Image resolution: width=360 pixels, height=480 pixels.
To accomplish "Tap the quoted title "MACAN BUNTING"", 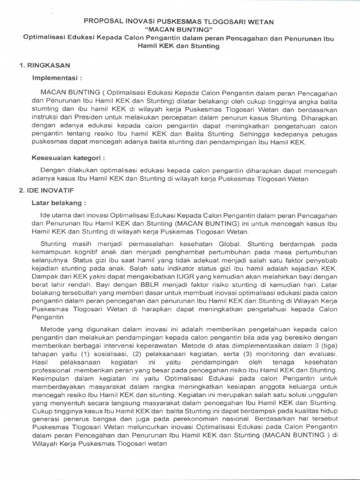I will [180, 30].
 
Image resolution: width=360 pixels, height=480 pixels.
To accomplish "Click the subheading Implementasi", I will [56, 77].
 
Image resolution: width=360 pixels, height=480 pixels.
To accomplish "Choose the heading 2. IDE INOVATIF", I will [47, 191].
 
